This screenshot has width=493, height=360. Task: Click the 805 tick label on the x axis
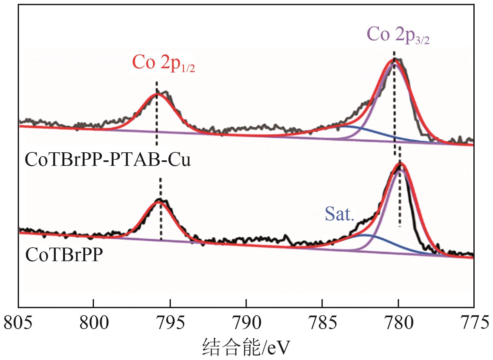pos(18,323)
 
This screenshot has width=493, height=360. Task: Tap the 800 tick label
pos(94,323)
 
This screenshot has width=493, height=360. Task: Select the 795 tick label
pos(170,323)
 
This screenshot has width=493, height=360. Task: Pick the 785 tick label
pos(322,323)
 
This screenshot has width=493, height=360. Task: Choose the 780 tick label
pos(398,323)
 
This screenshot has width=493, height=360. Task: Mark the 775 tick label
pos(474,323)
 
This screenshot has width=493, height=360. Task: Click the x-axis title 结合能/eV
pos(246,348)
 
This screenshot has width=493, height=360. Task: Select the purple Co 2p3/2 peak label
pos(398,34)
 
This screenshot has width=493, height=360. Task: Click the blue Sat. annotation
pos(340,213)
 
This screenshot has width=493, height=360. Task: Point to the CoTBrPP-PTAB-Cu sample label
pos(108,160)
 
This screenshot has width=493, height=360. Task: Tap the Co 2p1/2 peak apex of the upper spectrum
pos(157,94)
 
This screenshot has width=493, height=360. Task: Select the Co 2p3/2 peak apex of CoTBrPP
pos(400,164)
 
